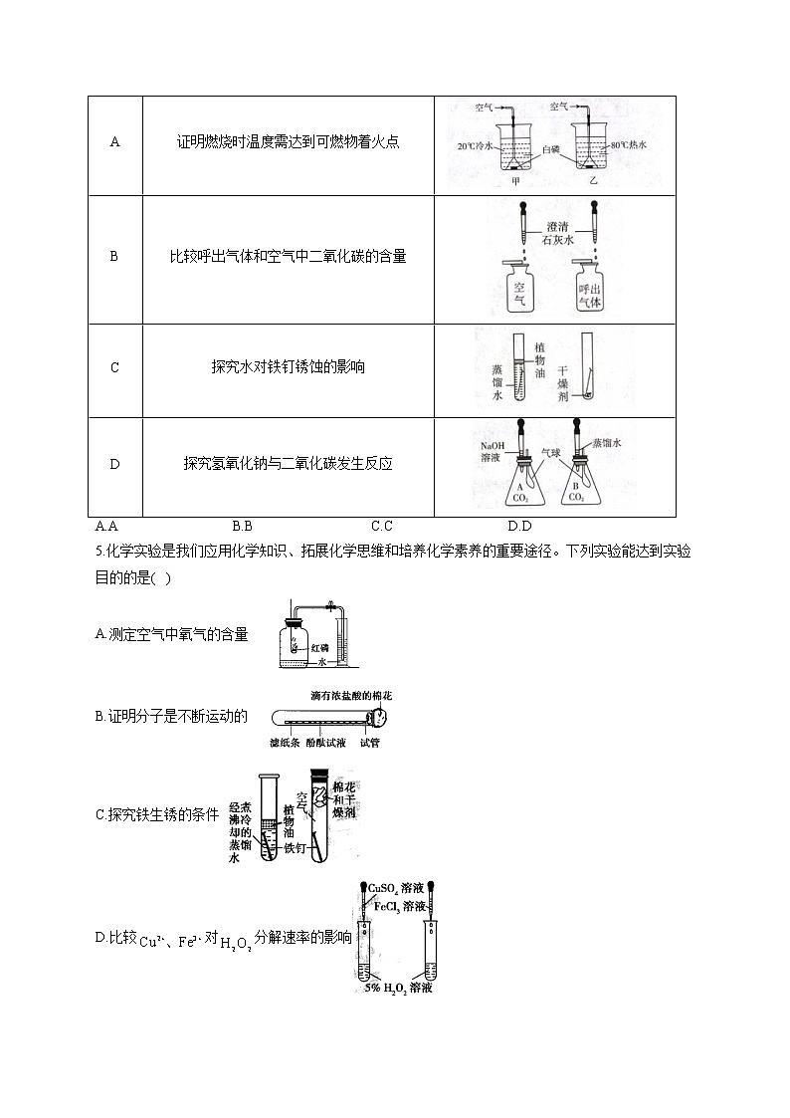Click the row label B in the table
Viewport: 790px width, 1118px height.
114,257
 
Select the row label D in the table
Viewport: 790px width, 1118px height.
114,464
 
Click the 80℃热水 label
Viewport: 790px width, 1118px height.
629,145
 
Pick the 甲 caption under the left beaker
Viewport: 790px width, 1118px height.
515,181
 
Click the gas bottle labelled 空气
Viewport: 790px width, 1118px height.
518,288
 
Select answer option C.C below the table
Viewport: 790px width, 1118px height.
382,526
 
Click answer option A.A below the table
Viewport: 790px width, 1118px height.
106,526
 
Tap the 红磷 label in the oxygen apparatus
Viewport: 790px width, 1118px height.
318,647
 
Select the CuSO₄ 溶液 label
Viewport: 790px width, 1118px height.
398,888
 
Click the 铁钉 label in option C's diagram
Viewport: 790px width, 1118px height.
296,849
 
